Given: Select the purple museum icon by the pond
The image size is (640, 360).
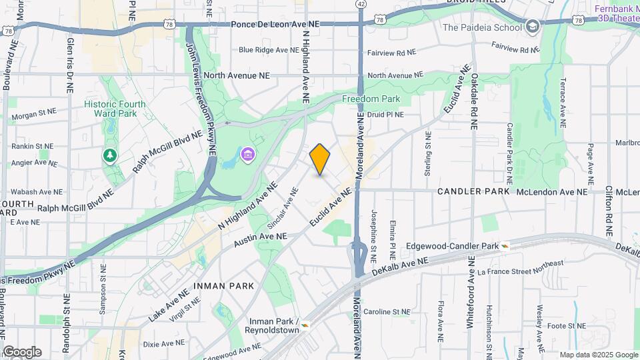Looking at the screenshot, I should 247,155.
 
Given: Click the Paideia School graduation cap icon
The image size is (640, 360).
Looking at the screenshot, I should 533,27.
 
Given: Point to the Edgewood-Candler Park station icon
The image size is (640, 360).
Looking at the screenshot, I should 505,246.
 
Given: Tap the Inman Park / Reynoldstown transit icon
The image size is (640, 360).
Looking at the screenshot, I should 305,325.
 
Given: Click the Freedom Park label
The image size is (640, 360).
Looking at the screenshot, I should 371,99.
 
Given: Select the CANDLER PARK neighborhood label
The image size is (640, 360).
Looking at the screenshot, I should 473,191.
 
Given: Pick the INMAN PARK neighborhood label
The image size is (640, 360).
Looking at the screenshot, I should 224,286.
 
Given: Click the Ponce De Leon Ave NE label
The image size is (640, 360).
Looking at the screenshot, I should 275,24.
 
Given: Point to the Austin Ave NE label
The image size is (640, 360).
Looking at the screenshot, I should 260,238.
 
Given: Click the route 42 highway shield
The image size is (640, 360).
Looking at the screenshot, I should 361,4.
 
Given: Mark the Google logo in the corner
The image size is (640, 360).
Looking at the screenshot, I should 22,351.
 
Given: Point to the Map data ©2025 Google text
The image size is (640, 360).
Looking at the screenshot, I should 599,355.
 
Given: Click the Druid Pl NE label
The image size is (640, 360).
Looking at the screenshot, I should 386,115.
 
